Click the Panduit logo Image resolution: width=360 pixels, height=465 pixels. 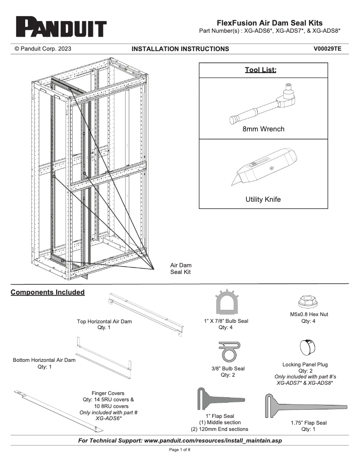(x=61, y=27)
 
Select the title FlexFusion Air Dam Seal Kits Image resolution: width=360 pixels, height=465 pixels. (x=269, y=23)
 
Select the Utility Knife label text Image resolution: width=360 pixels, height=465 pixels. (x=263, y=200)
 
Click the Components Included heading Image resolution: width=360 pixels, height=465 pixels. (x=48, y=292)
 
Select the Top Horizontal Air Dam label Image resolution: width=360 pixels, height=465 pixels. (x=105, y=322)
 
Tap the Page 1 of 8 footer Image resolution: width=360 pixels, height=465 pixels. (x=180, y=450)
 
